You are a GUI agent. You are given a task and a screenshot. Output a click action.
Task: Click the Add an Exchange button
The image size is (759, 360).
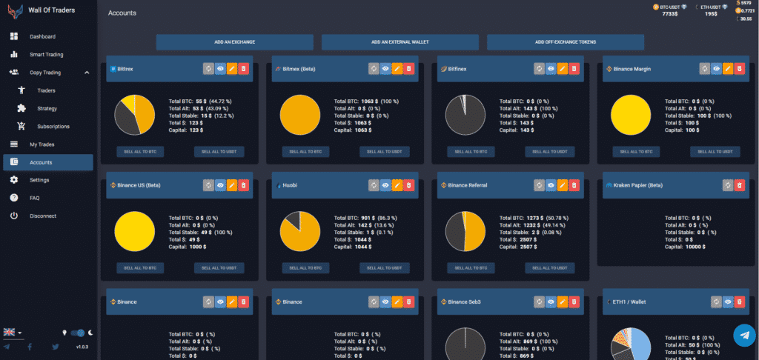click(x=234, y=42)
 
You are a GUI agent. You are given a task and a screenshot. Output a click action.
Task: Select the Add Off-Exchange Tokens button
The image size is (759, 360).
click(x=566, y=42)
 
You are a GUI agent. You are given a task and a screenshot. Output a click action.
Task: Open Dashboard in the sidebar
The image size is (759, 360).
click(x=42, y=36)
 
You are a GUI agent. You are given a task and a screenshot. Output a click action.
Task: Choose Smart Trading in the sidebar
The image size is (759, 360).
click(x=46, y=55)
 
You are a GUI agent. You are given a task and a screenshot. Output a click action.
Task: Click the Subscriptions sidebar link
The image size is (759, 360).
click(x=53, y=126)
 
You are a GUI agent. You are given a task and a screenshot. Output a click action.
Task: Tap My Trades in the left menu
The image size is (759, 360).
click(x=43, y=144)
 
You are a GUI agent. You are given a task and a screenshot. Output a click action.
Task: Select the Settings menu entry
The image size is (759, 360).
click(x=39, y=180)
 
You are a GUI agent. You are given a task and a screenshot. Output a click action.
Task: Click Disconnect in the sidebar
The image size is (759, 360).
click(x=43, y=216)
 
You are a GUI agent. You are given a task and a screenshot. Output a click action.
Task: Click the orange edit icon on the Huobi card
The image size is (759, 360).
click(x=397, y=185)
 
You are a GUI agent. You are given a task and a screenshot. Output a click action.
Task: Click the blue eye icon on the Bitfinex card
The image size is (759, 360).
click(x=550, y=69)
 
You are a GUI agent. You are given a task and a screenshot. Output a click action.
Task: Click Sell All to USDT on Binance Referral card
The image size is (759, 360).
click(x=550, y=267)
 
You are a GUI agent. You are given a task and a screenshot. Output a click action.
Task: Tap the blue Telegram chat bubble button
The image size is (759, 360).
click(x=744, y=336)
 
